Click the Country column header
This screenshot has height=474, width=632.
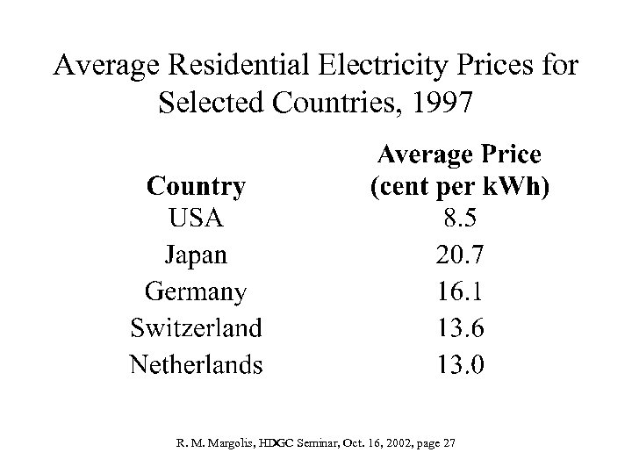(x=196, y=186)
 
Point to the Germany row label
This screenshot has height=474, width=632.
(x=196, y=291)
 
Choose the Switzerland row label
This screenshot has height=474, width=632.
(x=196, y=327)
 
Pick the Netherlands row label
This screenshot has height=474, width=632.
(x=196, y=363)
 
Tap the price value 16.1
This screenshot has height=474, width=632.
(x=459, y=291)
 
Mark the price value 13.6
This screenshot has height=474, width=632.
(x=459, y=327)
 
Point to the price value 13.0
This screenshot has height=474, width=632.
(x=459, y=363)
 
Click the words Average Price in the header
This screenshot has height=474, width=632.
(x=459, y=155)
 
